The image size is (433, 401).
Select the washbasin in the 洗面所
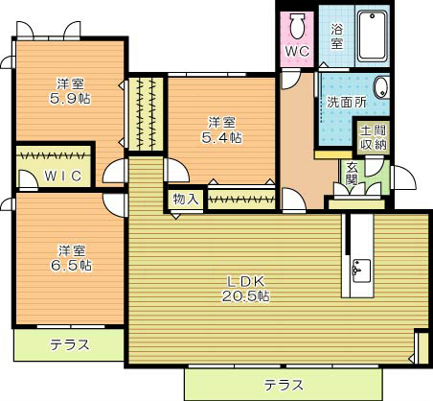point(381,86)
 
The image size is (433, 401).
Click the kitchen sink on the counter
point(359,270)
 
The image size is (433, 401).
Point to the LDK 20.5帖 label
point(247,289)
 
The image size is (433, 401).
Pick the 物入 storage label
point(186,199)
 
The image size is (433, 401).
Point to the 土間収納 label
point(373,137)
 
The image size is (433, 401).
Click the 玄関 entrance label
point(353,173)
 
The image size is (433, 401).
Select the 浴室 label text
point(337,35)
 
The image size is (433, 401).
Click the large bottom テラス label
point(285,383)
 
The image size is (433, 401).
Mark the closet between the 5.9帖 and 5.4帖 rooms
point(148,113)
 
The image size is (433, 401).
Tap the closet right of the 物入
point(242,200)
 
